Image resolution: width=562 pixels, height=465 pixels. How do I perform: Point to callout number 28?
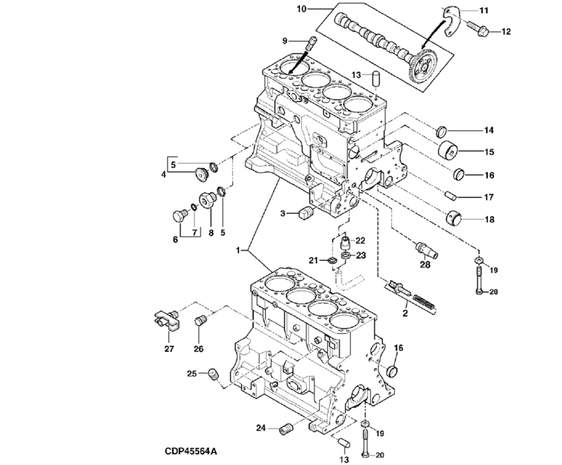[x=425, y=265]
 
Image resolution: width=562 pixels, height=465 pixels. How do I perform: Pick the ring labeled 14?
[x=441, y=132]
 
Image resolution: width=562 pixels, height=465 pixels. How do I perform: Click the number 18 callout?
[x=489, y=219]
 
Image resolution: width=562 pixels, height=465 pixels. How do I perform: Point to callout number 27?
[x=169, y=349]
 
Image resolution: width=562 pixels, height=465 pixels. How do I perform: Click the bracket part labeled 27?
[x=166, y=319]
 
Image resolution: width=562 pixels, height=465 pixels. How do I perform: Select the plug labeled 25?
[x=214, y=374]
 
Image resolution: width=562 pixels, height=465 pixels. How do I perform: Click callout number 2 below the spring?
[x=405, y=313]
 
